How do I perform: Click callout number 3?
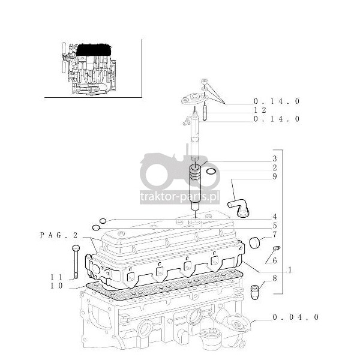[x=275, y=158]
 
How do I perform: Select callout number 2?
[x=275, y=167]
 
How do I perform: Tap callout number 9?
[x=275, y=176]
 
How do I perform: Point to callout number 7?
[x=275, y=235]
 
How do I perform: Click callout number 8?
[x=275, y=278]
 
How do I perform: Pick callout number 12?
[x=260, y=110]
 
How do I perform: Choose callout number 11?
[x=56, y=277]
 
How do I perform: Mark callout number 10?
[x=56, y=286]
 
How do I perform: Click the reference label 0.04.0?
[x=296, y=317]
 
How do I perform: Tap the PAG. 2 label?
[x=59, y=235]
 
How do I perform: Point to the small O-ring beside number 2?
[x=211, y=171]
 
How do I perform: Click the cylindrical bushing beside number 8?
[x=254, y=292]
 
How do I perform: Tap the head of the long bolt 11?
[x=76, y=248]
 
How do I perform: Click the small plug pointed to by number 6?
[x=277, y=248]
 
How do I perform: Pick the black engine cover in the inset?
[x=94, y=50]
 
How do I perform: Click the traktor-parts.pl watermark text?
[x=179, y=197]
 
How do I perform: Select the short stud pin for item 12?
[x=205, y=113]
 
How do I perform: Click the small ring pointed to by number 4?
[x=103, y=221]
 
